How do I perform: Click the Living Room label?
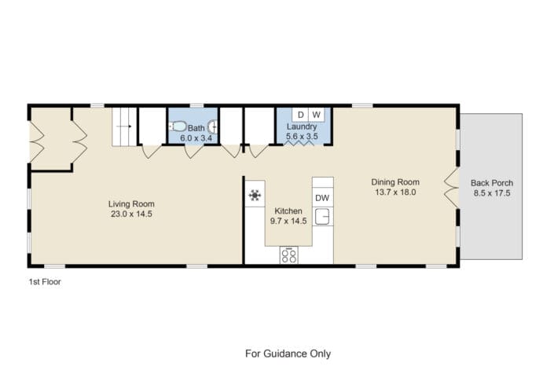pos(131,203)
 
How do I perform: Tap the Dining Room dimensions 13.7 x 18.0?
pos(395,192)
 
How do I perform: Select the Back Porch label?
pos(492,183)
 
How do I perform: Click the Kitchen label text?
pos(288,211)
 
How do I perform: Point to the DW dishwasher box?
pos(323,197)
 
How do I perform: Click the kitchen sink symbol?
pos(322,216)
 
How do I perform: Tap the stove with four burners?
pos(288,255)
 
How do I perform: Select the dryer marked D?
pos(300,115)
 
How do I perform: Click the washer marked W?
pos(317,115)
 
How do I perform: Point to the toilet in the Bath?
pos(178,126)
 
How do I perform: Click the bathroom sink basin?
pos(213,126)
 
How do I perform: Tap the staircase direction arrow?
pos(124,126)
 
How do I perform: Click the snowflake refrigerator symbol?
pos(255,195)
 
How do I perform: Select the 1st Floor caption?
pos(45,282)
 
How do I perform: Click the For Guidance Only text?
pos(288,354)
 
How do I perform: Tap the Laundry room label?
pos(302,126)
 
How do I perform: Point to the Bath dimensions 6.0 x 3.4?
pos(196,138)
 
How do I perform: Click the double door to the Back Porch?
pos(451,187)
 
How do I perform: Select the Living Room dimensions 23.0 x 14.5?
pos(131,214)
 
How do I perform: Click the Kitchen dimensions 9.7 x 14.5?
pos(288,221)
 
